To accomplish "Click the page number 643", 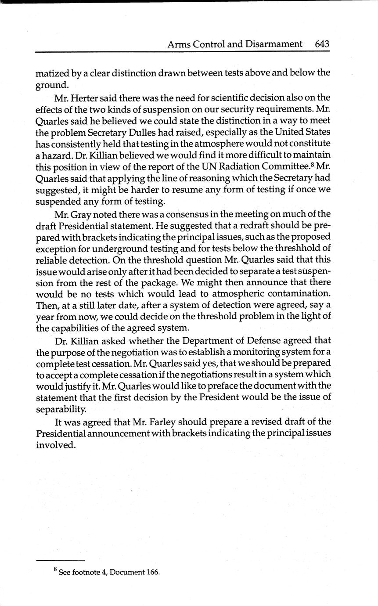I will point(322,44).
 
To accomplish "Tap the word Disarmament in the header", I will point(275,44).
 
